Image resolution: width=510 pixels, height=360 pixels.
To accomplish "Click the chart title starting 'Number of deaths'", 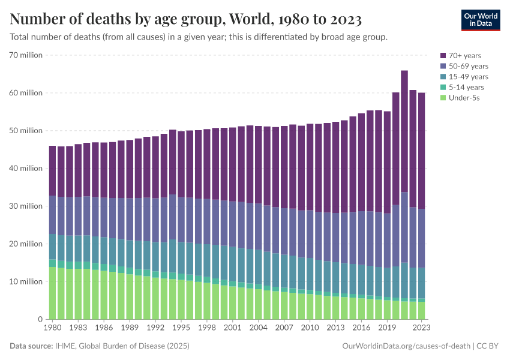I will (185, 20).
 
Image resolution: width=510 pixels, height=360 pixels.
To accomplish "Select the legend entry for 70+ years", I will (464, 56).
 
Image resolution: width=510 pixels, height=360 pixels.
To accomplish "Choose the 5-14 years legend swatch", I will (444, 87).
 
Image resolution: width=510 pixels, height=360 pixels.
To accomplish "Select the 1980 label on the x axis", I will (53, 329).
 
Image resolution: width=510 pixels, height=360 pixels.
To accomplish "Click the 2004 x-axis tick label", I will (259, 329).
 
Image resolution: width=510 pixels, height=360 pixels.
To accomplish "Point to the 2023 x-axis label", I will (422, 329).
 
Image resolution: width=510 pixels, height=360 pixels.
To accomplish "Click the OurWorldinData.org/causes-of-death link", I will (406, 346).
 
